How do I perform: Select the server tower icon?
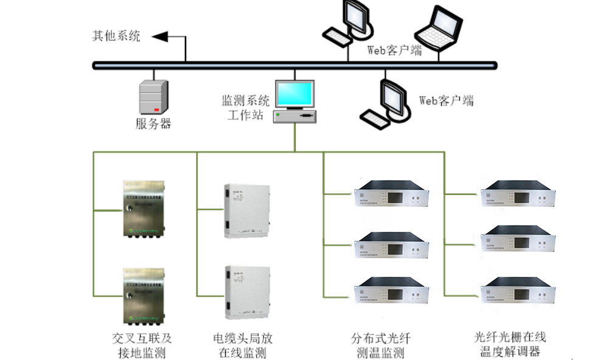tap(153, 97)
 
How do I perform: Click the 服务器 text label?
tap(153, 124)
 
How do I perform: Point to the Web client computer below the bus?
tap(384, 104)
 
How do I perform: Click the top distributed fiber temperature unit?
tap(392, 194)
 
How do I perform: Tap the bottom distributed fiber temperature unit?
tap(392, 289)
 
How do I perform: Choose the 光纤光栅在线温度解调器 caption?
tap(510, 344)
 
